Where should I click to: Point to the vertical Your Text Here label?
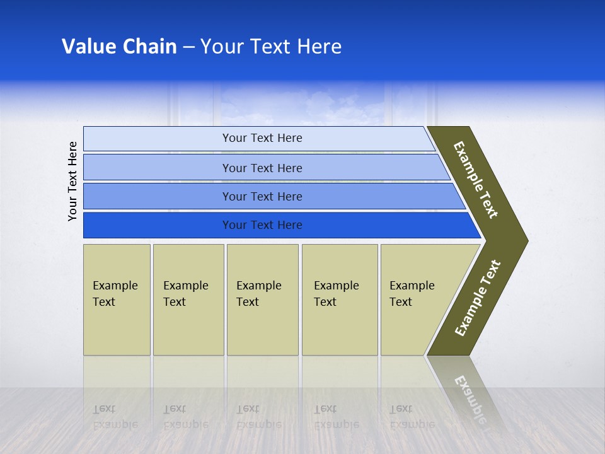72,181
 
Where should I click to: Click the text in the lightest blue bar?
262,138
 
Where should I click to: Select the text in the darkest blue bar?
262,225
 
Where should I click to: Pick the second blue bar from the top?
262,168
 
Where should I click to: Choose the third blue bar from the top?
262,197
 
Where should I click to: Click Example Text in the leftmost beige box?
115,294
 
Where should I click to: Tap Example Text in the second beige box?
185,294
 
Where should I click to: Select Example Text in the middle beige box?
258,294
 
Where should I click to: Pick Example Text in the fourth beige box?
336,294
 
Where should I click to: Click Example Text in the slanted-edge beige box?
412,294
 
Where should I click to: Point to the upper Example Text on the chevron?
476,180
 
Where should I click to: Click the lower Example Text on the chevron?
478,298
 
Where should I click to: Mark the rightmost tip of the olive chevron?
527,241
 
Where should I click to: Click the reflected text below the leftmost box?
115,417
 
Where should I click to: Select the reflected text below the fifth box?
412,417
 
